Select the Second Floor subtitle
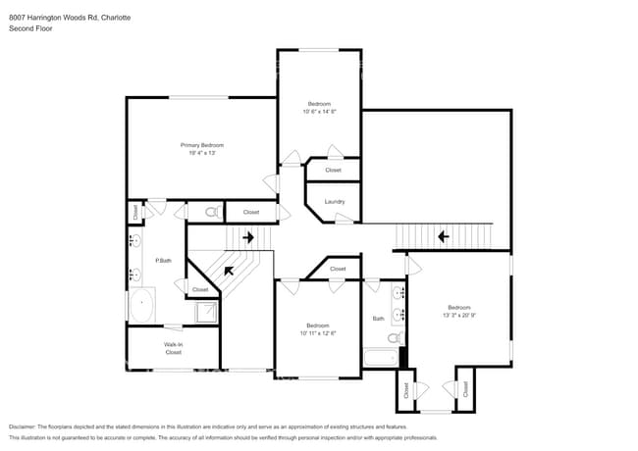tap(30, 28)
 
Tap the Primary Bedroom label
tap(201, 144)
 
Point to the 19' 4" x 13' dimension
tap(201, 153)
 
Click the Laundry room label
tap(334, 202)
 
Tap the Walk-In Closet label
tap(174, 347)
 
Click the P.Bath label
tap(164, 260)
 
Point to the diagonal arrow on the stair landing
tap(230, 272)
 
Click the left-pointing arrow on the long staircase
tap(443, 235)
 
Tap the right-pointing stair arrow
tap(247, 236)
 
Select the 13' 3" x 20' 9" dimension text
tap(458, 315)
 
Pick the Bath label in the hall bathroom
tap(378, 318)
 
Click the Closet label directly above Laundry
tap(334, 170)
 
